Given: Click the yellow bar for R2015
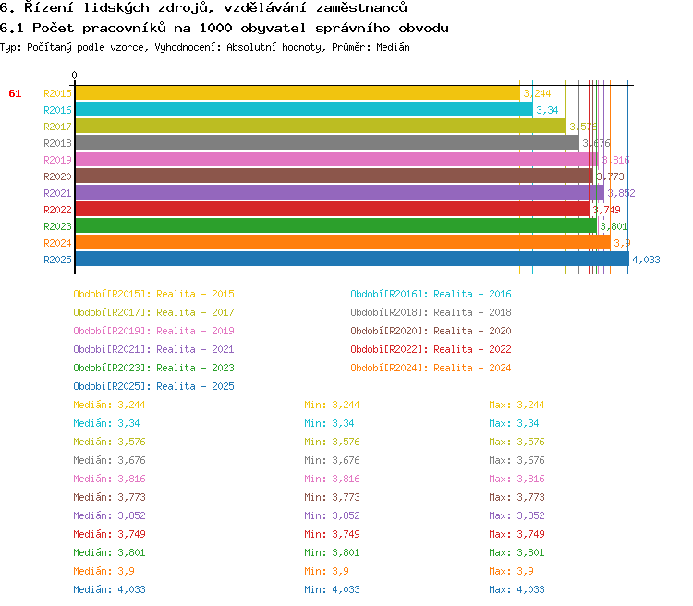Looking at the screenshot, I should tap(296, 93).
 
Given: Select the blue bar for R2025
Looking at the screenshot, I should tap(351, 260).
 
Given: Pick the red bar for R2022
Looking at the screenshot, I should tap(332, 210).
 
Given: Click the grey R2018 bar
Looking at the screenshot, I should tap(326, 143).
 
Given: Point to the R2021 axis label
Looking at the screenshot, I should tap(57, 193).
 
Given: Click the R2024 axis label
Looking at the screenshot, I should tap(57, 243).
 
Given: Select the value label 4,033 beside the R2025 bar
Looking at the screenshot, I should tap(646, 261).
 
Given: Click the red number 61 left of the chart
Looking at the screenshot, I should tap(15, 93).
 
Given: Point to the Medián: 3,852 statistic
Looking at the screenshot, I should tap(109, 515).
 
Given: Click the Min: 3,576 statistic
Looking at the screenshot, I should tap(332, 442).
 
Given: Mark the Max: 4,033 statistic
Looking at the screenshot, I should tap(517, 589).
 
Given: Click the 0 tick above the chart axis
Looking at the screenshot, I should tap(75, 75).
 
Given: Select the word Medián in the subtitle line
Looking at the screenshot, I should tap(393, 47).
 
